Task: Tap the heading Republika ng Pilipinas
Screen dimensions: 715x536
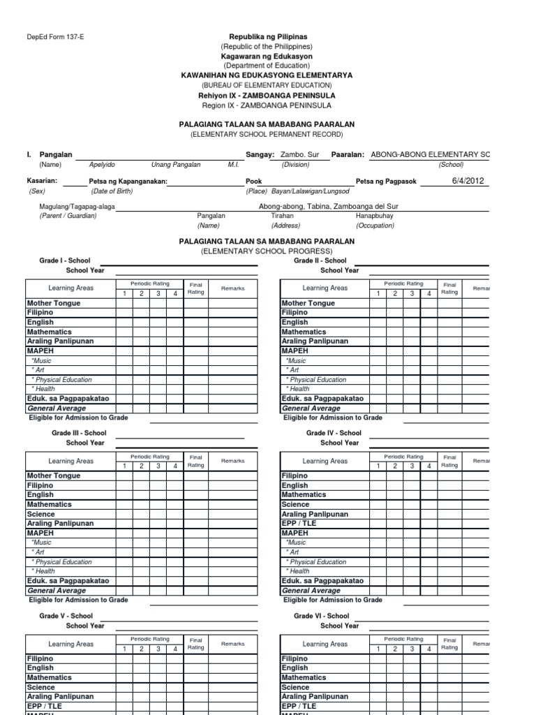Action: click(268, 36)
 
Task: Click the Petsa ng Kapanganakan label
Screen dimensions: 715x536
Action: click(128, 182)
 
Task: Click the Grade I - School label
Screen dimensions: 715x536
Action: click(64, 260)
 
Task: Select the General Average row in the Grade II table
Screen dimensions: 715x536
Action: click(311, 408)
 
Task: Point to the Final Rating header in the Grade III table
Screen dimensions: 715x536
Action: click(195, 461)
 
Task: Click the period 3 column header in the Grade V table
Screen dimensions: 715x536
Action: click(158, 649)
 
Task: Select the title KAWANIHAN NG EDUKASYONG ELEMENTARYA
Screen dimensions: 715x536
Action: click(267, 75)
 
